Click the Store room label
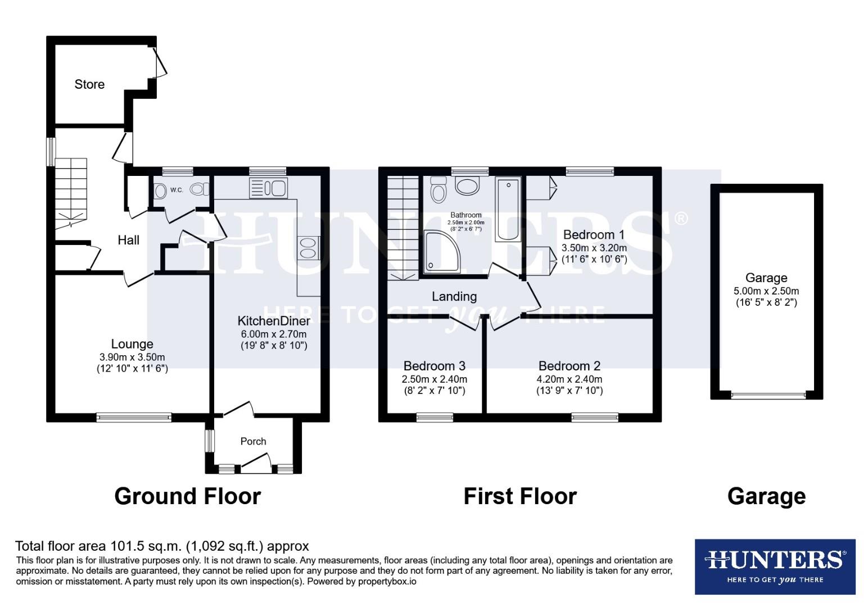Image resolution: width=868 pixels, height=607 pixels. tap(89, 84)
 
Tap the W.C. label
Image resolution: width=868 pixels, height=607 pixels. tap(177, 190)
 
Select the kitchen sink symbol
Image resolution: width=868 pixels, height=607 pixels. tap(268, 188)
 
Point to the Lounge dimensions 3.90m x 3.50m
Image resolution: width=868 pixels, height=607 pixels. tap(132, 357)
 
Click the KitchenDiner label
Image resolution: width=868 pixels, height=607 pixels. tap(274, 321)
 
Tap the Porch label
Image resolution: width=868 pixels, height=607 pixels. tap(253, 441)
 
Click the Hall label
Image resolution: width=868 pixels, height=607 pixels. tap(128, 240)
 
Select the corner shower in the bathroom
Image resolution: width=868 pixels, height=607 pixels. tap(441, 252)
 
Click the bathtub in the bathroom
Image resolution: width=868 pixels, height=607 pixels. tap(508, 209)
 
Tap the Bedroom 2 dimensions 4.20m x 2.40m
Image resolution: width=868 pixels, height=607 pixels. tap(569, 379)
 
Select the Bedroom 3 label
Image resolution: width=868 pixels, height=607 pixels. tap(434, 366)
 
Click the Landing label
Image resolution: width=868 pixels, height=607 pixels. tap(454, 296)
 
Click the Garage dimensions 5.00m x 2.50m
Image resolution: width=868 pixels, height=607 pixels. tap(766, 291)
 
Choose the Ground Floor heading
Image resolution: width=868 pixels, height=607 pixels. tap(187, 496)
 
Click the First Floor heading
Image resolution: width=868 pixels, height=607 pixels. tap(520, 496)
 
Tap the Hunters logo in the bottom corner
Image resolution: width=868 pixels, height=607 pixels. tap(775, 566)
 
